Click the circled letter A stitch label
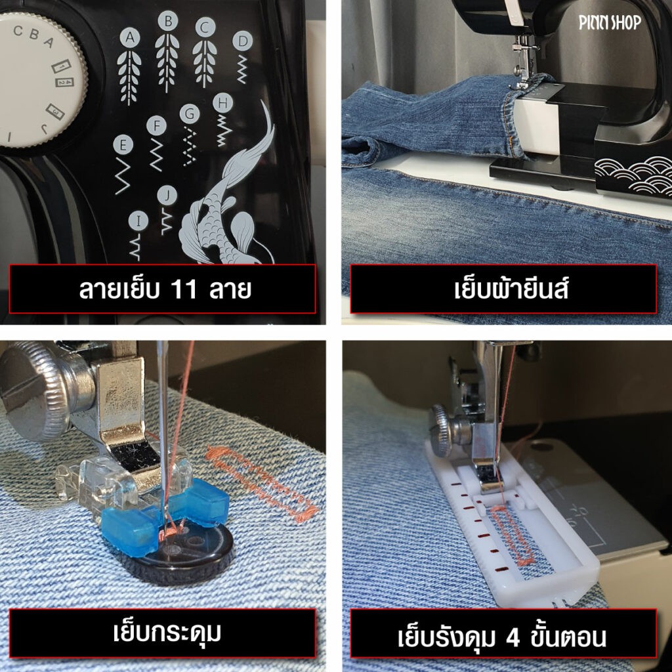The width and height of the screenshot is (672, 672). pos(129,37)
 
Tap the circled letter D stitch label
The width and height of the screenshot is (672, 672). pos(243,41)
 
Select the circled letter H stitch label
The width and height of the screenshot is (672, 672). pos(223,103)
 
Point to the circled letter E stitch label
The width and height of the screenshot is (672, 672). pos(123,145)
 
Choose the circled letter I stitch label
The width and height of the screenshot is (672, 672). pos(138,221)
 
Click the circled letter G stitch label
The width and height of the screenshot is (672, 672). pos(190,114)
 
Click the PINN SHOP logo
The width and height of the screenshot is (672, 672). pos(610,22)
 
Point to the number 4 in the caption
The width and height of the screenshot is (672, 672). pos(513,638)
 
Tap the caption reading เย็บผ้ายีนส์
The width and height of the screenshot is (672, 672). pos(511,289)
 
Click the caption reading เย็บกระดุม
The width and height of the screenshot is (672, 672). pos(167,632)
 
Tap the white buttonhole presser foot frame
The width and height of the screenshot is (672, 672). pos(514,523)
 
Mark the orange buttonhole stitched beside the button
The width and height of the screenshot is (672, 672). pos(261,484)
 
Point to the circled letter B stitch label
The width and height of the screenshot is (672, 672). pos(168,20)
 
